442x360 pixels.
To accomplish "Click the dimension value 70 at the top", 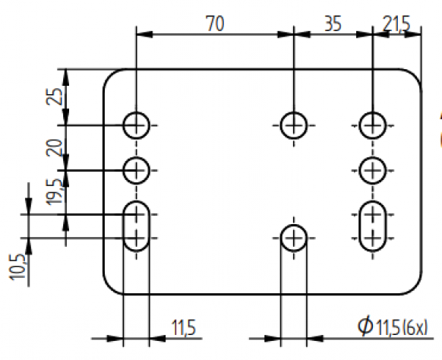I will (215, 24).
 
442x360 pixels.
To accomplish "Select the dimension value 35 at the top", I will (332, 24).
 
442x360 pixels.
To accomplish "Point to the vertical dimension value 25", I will (54, 96).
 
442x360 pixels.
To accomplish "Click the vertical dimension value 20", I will (54, 147).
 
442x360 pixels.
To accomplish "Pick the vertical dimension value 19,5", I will (54, 191).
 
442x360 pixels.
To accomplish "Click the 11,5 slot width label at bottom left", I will (183, 328).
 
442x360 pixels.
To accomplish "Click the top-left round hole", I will (137, 124).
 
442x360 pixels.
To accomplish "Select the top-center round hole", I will (293, 124).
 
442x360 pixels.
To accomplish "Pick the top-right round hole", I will (372, 124).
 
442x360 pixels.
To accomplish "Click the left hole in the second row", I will (137, 169).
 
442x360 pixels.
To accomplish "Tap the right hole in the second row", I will (372, 169).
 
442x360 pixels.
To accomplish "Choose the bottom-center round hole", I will (293, 238).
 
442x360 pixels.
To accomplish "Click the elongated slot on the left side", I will (137, 226).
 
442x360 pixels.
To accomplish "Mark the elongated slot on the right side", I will (372, 226).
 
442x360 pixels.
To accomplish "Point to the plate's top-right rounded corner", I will (413, 77).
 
